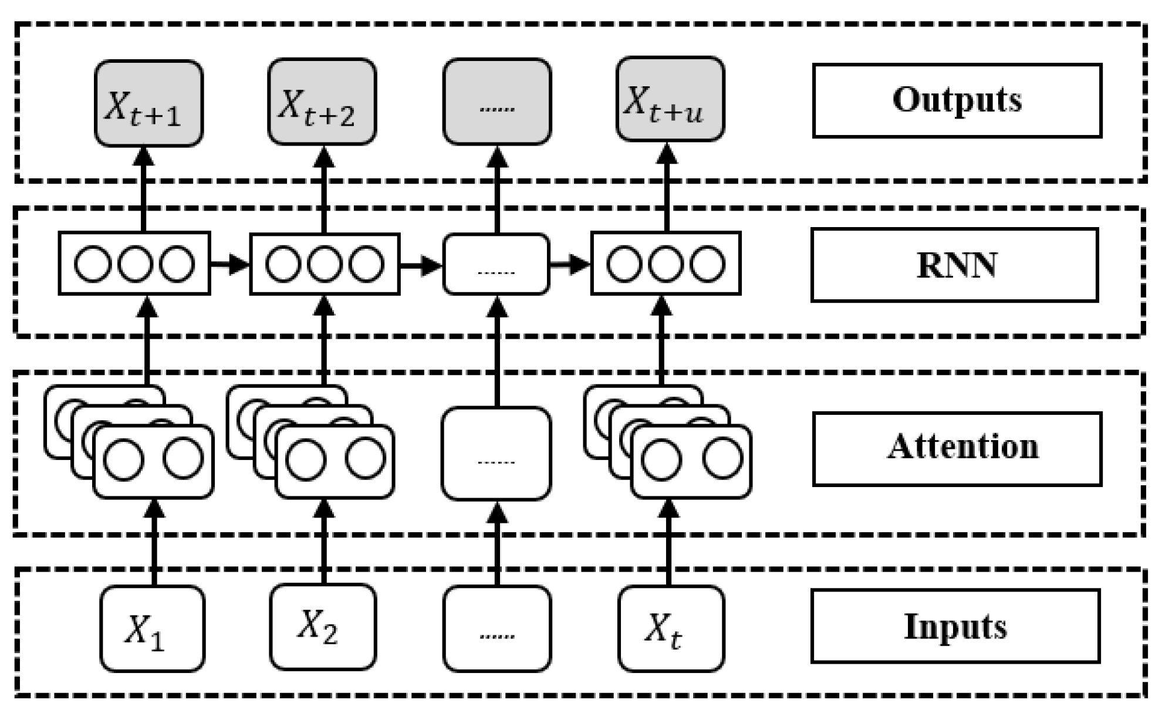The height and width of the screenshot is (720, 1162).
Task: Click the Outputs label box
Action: click(x=957, y=100)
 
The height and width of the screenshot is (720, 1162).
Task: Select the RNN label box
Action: click(x=954, y=265)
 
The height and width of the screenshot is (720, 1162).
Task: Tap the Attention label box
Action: click(x=957, y=449)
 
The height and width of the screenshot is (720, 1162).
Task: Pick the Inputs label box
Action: click(x=955, y=626)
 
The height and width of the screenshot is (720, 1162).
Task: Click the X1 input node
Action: click(x=152, y=628)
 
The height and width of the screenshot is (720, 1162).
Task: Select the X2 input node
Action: click(x=323, y=626)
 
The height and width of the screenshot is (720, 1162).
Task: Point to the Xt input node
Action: click(x=671, y=628)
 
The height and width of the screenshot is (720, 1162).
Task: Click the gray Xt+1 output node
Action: click(x=148, y=103)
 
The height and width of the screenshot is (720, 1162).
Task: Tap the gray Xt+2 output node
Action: click(x=322, y=102)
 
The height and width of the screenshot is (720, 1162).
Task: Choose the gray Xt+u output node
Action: click(x=670, y=99)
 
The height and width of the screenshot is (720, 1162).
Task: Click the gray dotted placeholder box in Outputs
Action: click(x=496, y=102)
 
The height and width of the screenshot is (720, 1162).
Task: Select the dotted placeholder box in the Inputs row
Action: click(x=496, y=628)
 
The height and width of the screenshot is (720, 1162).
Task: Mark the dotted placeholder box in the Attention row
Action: click(x=496, y=454)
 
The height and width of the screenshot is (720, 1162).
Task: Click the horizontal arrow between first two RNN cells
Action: click(x=229, y=264)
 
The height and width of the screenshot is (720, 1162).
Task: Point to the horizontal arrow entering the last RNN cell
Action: click(x=569, y=264)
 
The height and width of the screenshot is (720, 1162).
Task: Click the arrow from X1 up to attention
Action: click(x=154, y=543)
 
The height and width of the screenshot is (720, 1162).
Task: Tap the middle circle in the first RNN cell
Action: click(x=135, y=264)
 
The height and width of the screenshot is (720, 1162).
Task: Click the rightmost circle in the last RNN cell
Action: click(x=707, y=264)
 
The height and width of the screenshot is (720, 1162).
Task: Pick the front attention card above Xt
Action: click(x=691, y=462)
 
